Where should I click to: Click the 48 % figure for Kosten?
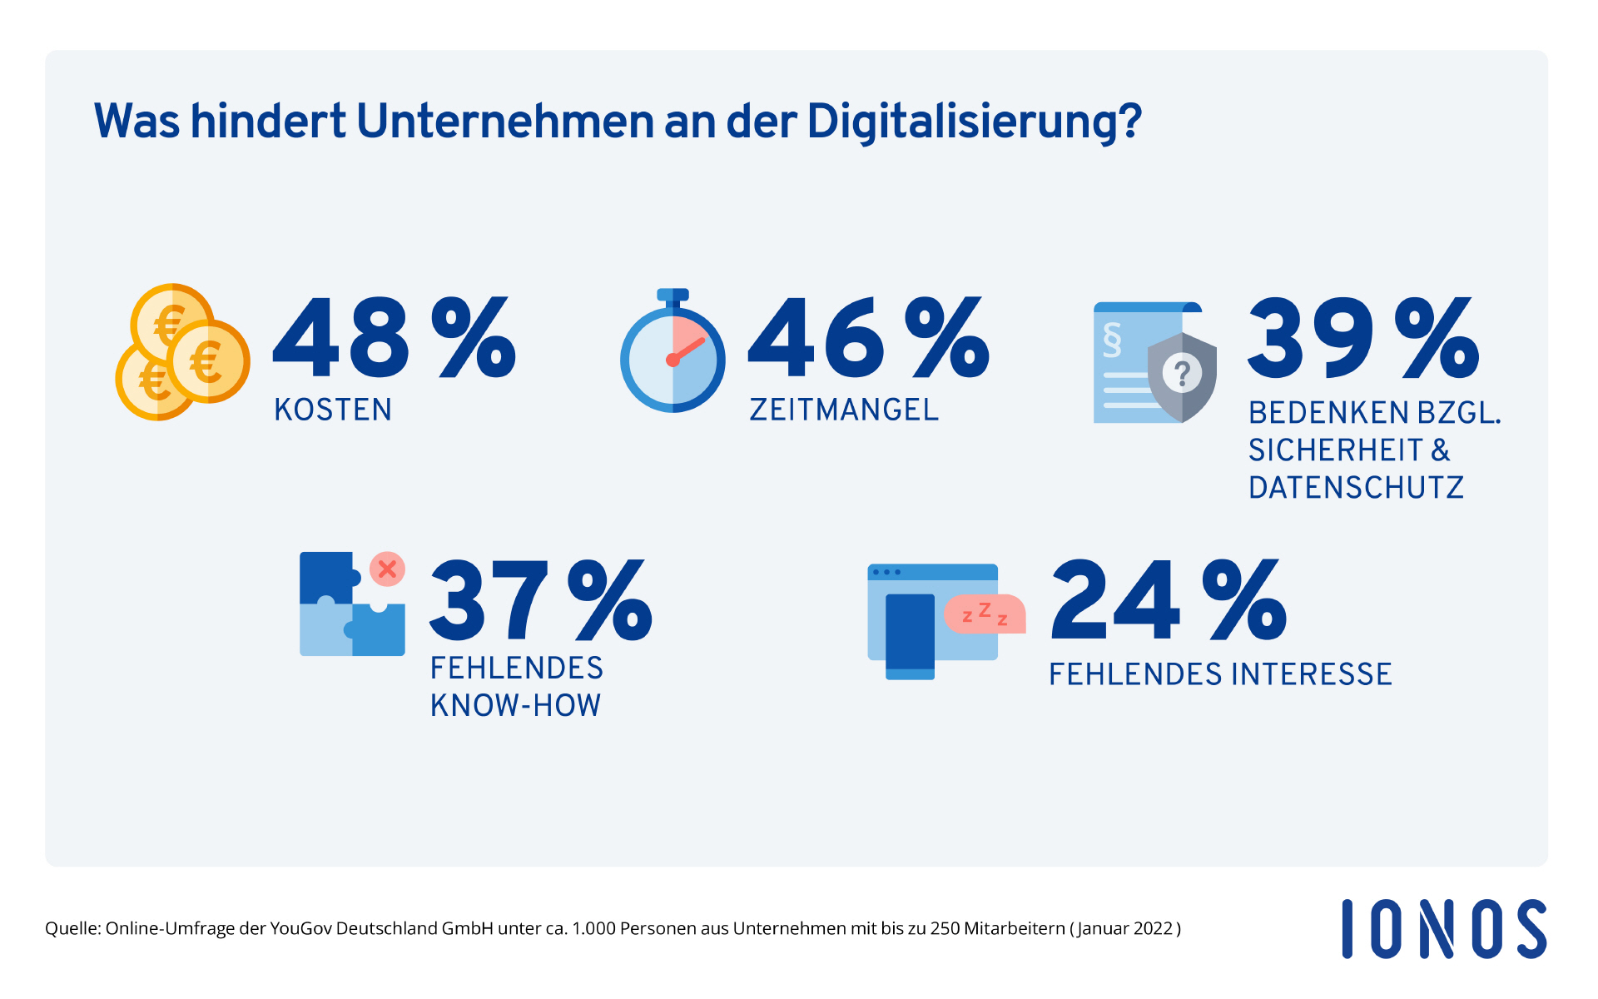coord(394,338)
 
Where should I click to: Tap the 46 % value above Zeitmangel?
coord(868,338)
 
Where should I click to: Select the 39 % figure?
coord(1362,338)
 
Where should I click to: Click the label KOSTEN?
coord(333,410)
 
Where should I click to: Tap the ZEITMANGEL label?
coord(844,410)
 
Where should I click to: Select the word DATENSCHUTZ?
coord(1356,488)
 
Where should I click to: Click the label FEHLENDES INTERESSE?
coord(1220,674)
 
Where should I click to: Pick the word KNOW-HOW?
coord(515,706)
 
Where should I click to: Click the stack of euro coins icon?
coord(182,352)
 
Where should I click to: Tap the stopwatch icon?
coord(672,353)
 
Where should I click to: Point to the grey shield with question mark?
coord(1182,376)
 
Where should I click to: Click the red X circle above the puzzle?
coord(387,569)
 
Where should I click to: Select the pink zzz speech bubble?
coord(985,614)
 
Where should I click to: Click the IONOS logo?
coord(1444,929)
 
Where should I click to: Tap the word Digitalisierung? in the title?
coord(974,122)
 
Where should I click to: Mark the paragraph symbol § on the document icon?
coord(1112,339)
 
